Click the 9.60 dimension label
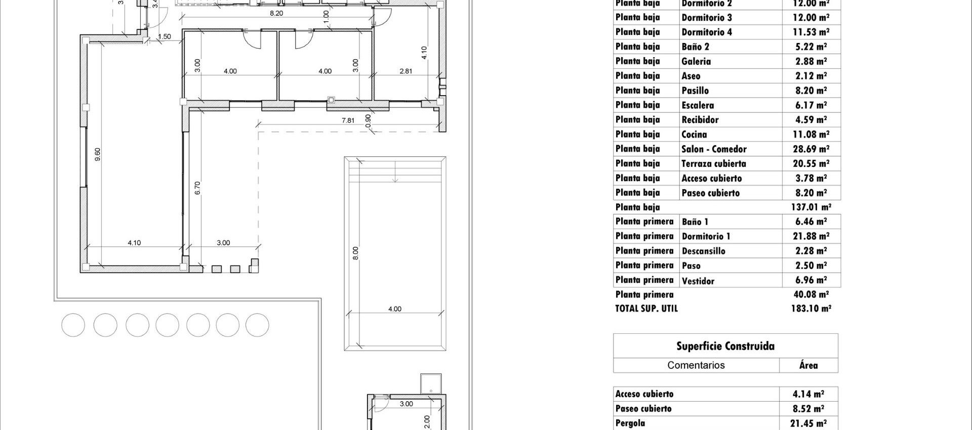tap(98, 154)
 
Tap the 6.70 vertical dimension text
tap(197, 188)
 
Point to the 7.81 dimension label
tap(348, 120)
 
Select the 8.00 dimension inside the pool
tap(355, 253)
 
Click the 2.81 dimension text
tap(406, 71)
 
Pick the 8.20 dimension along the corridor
tap(276, 13)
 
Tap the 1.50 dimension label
tap(165, 37)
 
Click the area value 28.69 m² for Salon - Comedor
tap(811, 149)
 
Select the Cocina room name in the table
tap(694, 134)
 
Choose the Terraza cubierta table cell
tap(713, 163)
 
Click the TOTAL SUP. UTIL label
tap(646, 308)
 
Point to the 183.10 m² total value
tap(811, 308)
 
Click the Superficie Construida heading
tap(725, 346)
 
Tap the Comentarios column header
tap(696, 365)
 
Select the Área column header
tap(808, 365)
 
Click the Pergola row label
tap(630, 423)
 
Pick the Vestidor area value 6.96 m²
tap(811, 280)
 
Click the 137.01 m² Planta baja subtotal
tap(811, 207)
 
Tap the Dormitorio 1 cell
tap(706, 236)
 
